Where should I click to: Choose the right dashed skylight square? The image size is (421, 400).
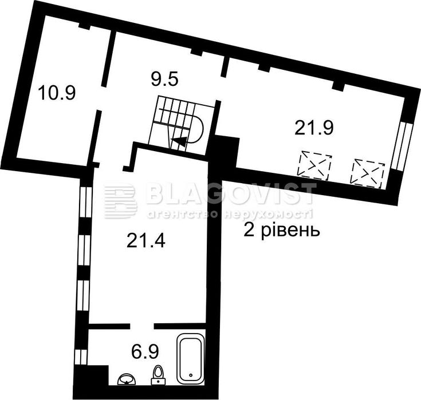[367, 171]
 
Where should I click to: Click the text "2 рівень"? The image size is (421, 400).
[281, 232]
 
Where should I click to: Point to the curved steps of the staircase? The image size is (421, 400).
[195, 129]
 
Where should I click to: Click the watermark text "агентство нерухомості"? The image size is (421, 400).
[229, 214]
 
